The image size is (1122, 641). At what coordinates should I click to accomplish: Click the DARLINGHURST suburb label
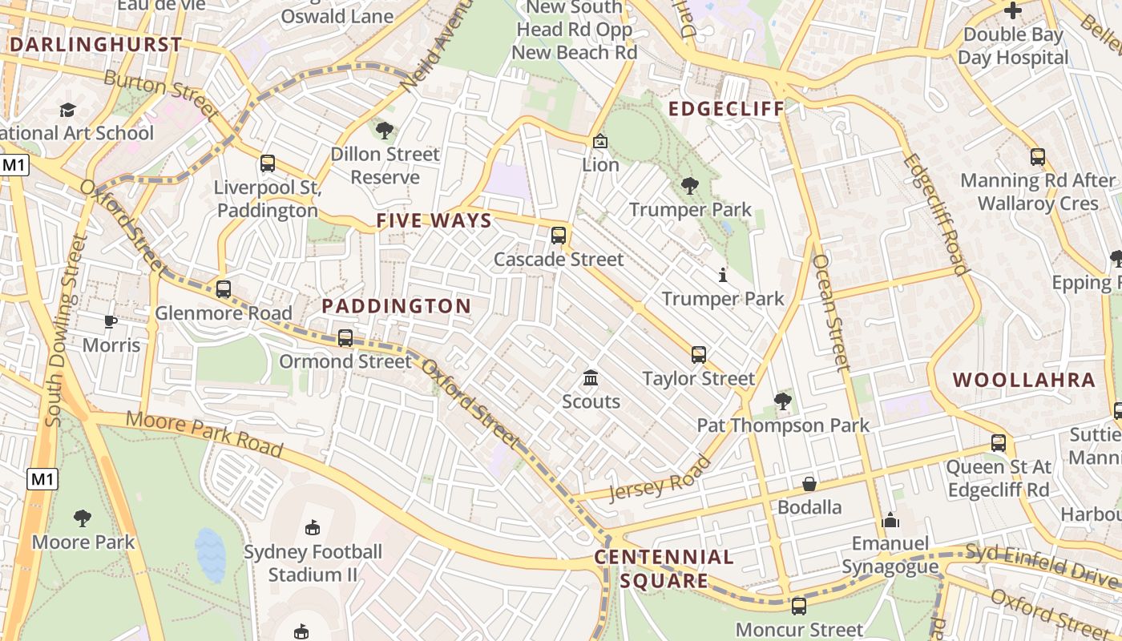click(x=95, y=44)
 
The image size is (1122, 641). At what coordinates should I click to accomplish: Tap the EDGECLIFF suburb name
click(x=726, y=109)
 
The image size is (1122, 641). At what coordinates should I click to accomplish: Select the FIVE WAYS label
click(x=434, y=221)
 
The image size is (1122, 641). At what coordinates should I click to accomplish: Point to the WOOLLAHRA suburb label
click(x=1023, y=380)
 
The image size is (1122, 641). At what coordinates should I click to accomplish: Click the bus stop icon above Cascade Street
click(x=559, y=236)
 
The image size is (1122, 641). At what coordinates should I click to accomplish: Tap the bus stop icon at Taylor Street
click(x=699, y=355)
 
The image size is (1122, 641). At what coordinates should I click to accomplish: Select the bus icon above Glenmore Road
click(x=224, y=289)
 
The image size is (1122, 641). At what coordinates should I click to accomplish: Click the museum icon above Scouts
click(x=591, y=377)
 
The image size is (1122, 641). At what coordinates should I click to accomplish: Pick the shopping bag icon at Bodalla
click(x=809, y=484)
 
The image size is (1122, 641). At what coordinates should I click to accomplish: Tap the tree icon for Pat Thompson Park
click(x=782, y=401)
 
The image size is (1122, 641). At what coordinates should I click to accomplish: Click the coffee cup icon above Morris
click(x=111, y=322)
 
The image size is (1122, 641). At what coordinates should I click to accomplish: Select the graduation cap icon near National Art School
click(x=67, y=110)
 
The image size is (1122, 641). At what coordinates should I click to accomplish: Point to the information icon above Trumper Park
click(x=723, y=276)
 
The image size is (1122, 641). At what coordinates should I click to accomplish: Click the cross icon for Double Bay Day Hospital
click(x=1013, y=11)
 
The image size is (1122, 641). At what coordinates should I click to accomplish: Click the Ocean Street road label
click(x=830, y=312)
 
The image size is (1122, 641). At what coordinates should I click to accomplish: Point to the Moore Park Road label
click(x=204, y=434)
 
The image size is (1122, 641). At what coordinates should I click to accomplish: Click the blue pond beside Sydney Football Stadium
click(x=211, y=554)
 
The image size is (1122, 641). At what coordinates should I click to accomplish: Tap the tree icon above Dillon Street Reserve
click(x=385, y=130)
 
